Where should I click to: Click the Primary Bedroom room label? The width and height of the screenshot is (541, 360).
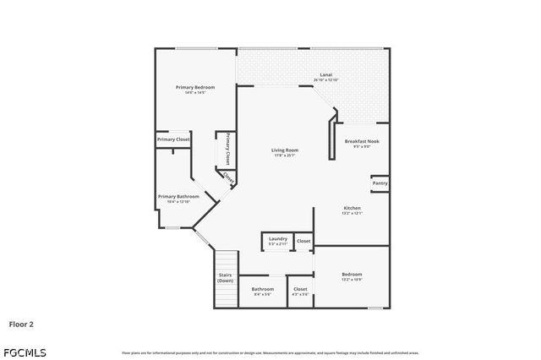(x=195, y=87)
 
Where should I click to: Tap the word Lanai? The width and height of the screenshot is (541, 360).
(x=325, y=74)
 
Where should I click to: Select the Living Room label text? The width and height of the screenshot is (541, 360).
(x=284, y=150)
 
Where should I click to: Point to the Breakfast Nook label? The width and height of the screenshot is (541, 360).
(x=362, y=141)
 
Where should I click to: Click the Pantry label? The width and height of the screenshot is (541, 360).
(x=380, y=183)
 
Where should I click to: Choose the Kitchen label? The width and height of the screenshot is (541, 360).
(x=352, y=208)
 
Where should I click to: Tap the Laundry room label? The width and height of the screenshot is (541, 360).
(x=278, y=239)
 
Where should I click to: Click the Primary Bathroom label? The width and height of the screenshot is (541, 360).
(x=178, y=196)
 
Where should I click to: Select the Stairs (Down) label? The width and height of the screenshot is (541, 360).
(x=225, y=277)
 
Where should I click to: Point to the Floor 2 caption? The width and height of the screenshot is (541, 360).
(x=21, y=323)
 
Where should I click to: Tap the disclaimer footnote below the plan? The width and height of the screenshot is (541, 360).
(x=270, y=352)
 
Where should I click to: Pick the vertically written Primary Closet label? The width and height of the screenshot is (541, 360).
(x=227, y=149)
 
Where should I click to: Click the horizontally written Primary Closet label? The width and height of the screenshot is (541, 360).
(x=173, y=139)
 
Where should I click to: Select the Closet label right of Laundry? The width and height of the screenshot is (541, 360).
(x=303, y=241)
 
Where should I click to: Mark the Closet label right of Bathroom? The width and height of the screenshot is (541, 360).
(x=300, y=289)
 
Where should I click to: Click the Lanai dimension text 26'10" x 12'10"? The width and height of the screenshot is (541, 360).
(x=325, y=80)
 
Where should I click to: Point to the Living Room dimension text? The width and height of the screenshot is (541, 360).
(x=284, y=156)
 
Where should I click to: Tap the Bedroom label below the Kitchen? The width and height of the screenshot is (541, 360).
(x=352, y=274)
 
